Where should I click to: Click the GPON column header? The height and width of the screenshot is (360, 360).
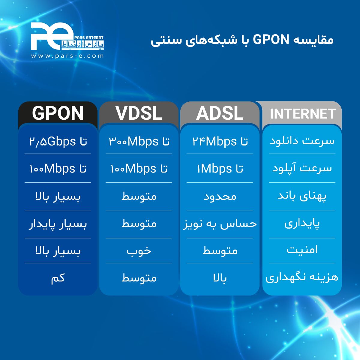[x=58, y=113]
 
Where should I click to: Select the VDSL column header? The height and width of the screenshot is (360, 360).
[x=139, y=113]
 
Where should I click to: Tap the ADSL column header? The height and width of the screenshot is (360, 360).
[x=220, y=113]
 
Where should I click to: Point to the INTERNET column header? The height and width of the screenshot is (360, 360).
[x=303, y=114]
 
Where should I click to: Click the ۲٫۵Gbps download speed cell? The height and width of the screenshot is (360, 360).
[x=58, y=141]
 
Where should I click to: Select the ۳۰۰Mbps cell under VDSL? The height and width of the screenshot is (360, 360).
[x=139, y=141]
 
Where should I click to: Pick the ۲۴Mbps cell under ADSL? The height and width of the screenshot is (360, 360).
[x=220, y=141]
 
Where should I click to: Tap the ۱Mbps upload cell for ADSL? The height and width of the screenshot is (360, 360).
[x=220, y=169]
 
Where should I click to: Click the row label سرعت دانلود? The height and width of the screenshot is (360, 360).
[x=302, y=141]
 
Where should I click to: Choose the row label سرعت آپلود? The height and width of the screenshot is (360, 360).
[x=302, y=168]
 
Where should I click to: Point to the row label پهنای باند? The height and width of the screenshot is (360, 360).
[x=302, y=196]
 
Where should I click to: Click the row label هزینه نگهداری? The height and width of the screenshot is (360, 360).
[x=302, y=277]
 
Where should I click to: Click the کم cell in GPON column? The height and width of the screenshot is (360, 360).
[x=58, y=278]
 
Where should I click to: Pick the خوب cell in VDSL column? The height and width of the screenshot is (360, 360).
[x=139, y=251]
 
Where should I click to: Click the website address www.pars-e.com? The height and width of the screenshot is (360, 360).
[x=67, y=56]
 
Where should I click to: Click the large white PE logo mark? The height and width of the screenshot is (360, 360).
[x=52, y=36]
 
